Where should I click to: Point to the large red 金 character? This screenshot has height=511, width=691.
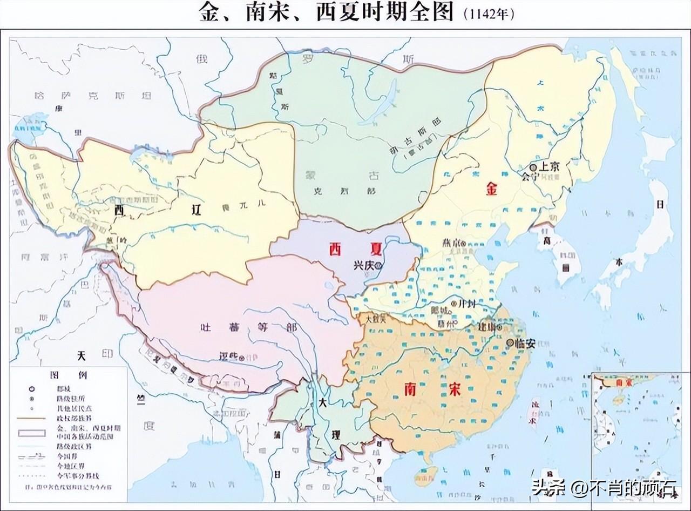[x=492, y=190]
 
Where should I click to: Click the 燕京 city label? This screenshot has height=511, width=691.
[x=451, y=244]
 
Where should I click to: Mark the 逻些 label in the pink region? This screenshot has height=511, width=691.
[x=229, y=356]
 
